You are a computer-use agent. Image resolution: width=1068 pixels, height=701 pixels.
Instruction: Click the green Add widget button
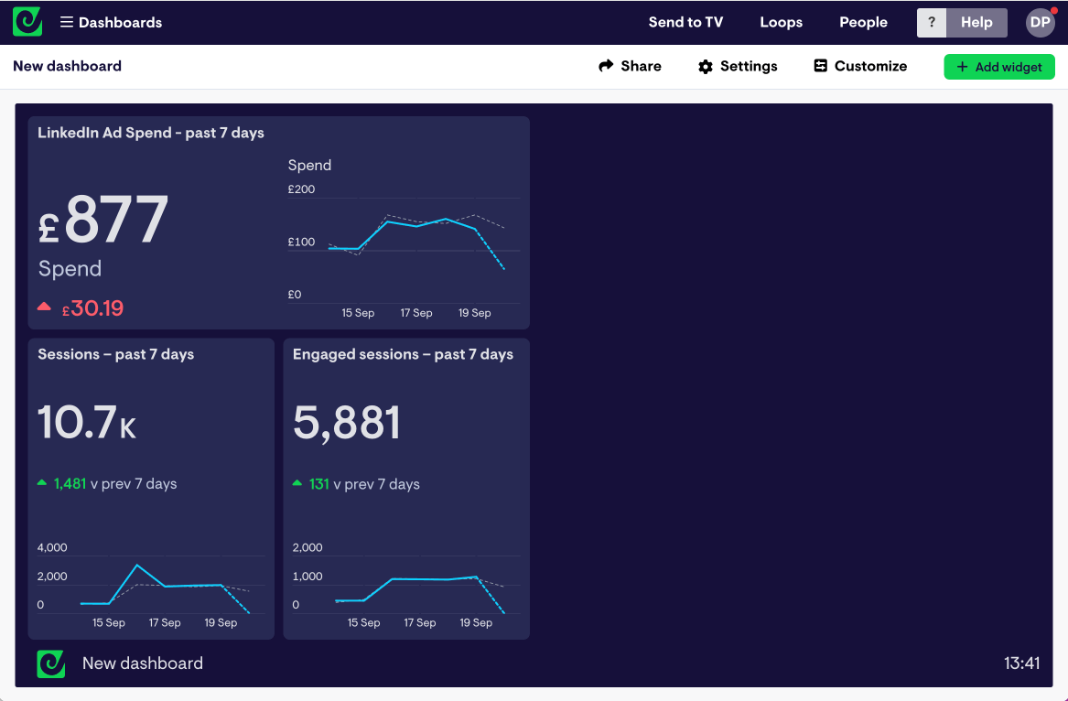(998, 67)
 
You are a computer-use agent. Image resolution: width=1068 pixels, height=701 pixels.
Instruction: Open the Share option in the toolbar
(630, 66)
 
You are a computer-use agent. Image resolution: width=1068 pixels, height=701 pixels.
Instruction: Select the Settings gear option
(738, 66)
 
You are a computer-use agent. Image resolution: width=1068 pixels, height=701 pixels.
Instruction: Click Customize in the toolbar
(860, 66)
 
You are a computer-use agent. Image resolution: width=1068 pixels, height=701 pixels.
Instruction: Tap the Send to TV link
(685, 22)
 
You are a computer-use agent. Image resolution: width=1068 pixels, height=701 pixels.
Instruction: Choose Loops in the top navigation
(781, 22)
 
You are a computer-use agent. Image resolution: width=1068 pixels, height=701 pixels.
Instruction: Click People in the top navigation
(863, 22)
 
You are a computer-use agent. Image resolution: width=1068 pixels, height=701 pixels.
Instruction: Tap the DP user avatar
(1041, 23)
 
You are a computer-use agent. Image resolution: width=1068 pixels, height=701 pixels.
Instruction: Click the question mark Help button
(932, 23)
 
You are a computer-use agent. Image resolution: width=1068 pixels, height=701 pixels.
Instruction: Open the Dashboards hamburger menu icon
(67, 22)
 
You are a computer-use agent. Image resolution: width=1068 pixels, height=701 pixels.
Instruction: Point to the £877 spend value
(103, 221)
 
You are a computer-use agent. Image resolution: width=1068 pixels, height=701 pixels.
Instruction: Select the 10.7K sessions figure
(87, 423)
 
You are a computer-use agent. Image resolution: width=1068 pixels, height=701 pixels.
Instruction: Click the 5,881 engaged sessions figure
(347, 423)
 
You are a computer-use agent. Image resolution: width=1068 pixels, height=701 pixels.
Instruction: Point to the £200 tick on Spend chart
(301, 189)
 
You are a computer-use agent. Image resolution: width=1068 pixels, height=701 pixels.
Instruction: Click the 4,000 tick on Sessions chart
(52, 547)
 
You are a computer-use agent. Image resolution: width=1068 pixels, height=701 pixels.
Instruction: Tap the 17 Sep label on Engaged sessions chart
(420, 622)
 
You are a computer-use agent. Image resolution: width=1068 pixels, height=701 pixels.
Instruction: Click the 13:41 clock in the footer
(1021, 663)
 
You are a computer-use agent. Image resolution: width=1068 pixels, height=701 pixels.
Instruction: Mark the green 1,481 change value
(70, 483)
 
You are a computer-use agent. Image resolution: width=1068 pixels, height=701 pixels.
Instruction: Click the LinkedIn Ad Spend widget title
(151, 133)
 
